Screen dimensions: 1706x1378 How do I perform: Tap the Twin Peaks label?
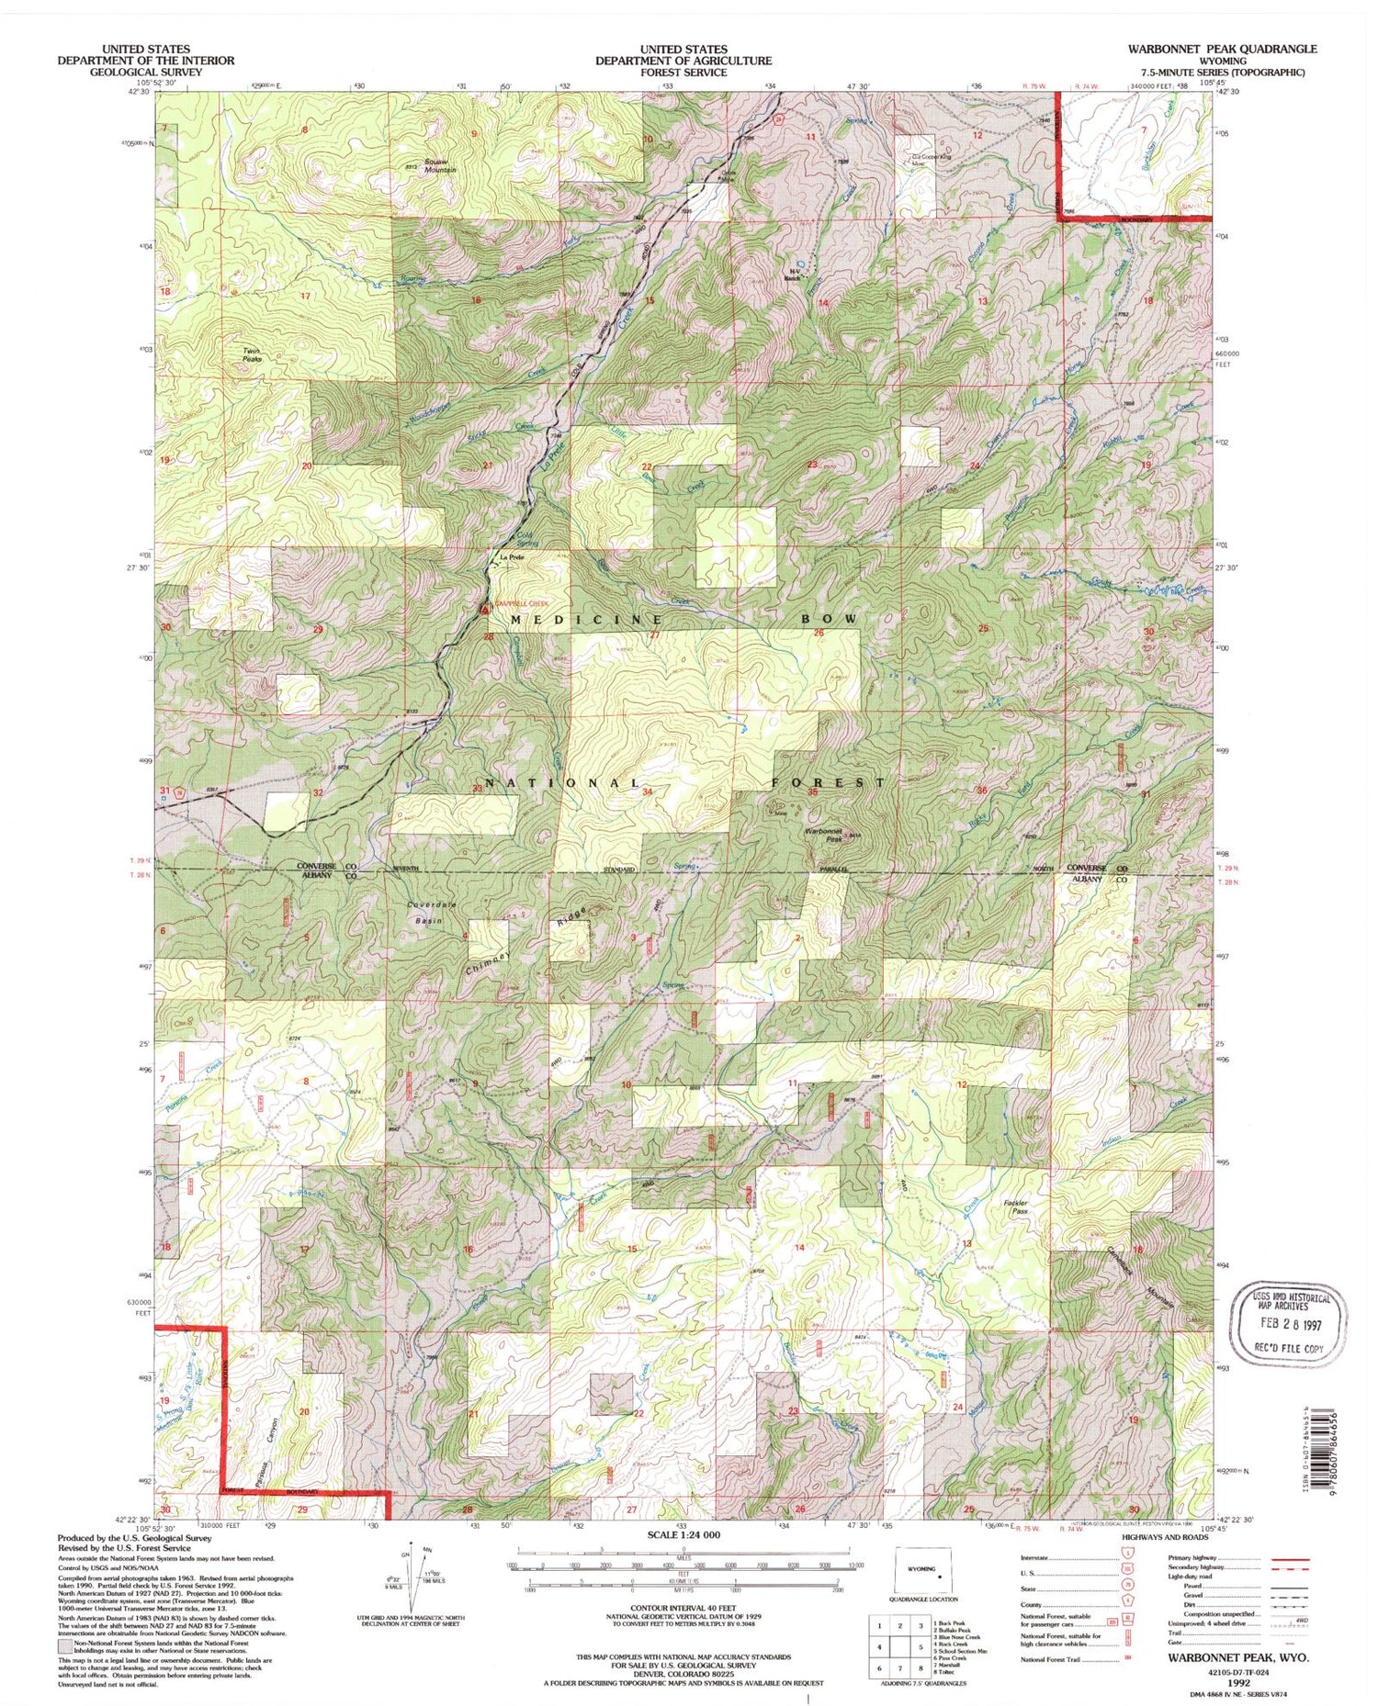(x=252, y=355)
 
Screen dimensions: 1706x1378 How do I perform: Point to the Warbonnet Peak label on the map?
(x=823, y=834)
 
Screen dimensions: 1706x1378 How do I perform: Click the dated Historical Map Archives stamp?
(x=1295, y=1323)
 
